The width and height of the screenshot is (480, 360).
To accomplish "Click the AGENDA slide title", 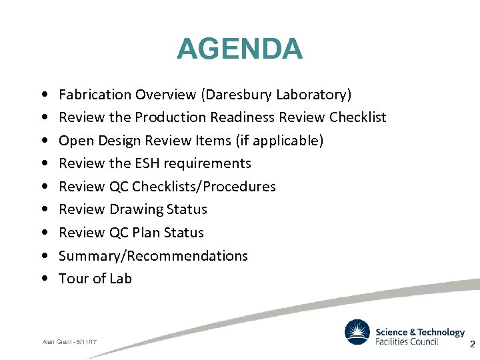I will [239, 49].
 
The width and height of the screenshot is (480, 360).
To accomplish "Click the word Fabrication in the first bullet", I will [94, 95].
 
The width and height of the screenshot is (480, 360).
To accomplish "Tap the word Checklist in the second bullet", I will [358, 117].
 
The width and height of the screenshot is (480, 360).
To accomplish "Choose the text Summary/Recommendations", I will [153, 256].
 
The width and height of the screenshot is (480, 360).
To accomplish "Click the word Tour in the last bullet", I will [73, 279].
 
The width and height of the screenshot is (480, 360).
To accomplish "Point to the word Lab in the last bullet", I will [121, 279].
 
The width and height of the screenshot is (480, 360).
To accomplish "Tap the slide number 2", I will [472, 345].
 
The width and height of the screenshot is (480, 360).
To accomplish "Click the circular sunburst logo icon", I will [357, 332].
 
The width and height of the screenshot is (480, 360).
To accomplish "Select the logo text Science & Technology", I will [420, 332].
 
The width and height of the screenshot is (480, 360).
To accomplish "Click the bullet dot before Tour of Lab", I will [43, 279].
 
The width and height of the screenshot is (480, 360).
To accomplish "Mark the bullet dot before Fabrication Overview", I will [43, 95].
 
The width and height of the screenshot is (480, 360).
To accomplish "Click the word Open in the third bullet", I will [76, 141].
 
